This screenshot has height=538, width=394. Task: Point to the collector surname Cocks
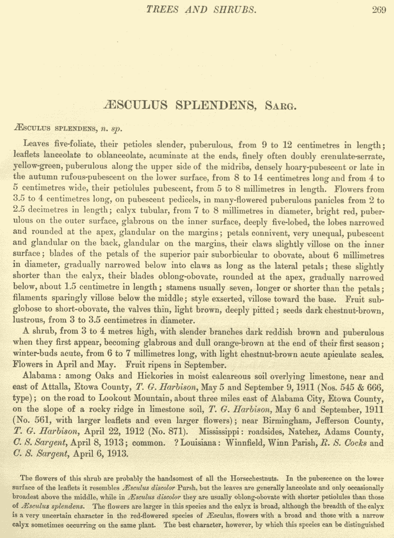pos(354,442)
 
